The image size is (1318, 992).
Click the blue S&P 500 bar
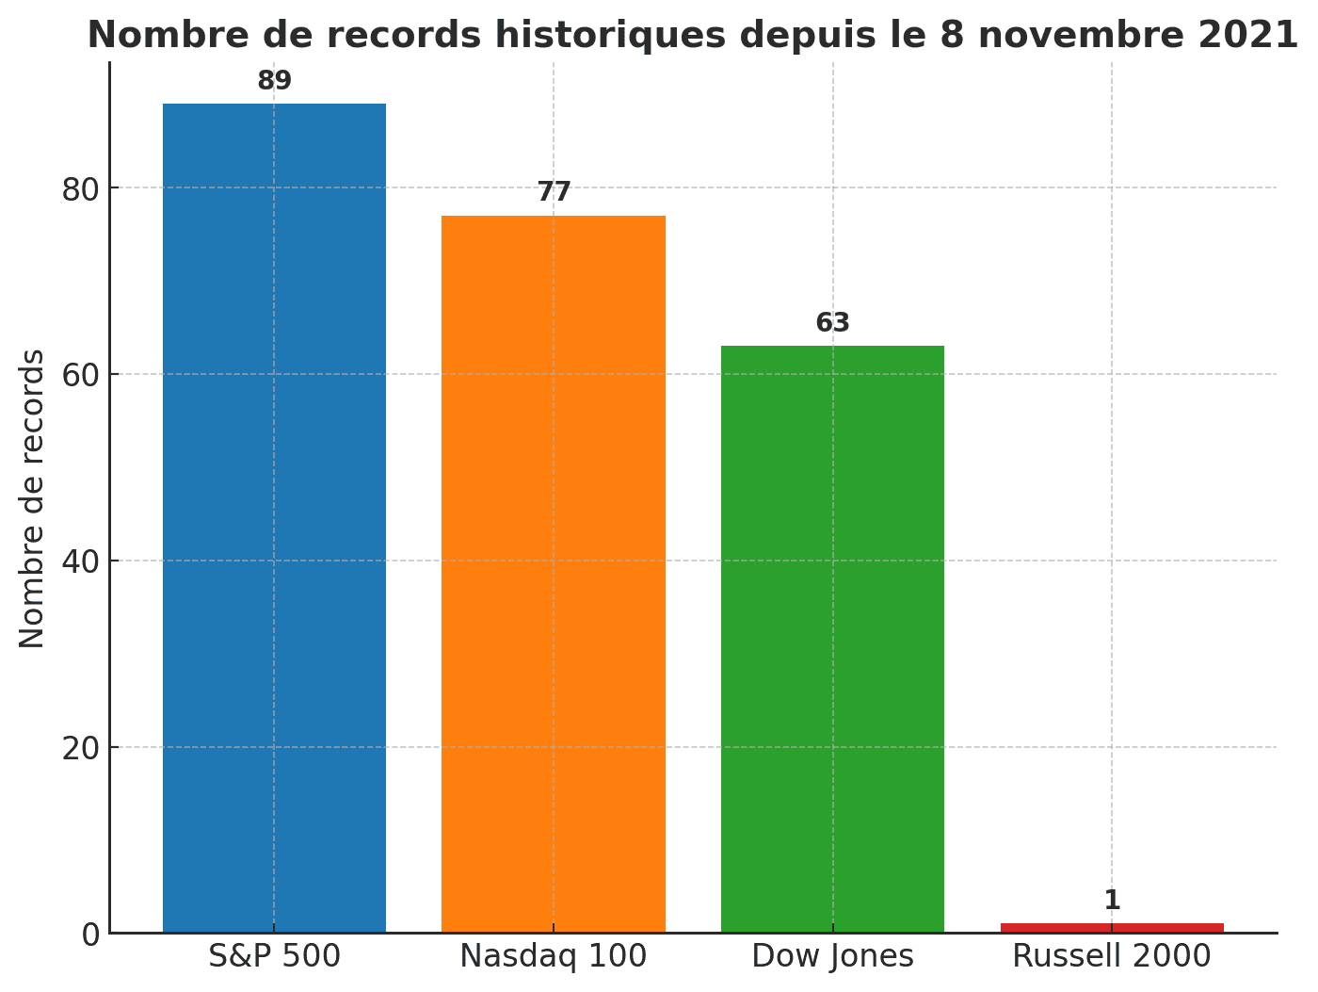(274, 518)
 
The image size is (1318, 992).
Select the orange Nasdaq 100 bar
(554, 575)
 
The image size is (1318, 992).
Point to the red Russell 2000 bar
(1112, 928)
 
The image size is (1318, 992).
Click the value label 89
(274, 81)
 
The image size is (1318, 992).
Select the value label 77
(554, 192)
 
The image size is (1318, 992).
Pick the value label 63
(832, 323)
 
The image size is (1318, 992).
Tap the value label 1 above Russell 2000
(1112, 901)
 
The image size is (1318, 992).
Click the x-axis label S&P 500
(274, 956)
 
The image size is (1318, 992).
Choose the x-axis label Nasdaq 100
(554, 956)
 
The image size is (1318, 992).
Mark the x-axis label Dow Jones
(832, 956)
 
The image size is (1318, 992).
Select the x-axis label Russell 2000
(1112, 956)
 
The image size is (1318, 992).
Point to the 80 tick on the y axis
(81, 188)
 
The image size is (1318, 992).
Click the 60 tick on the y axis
(81, 375)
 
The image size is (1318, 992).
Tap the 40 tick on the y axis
(81, 561)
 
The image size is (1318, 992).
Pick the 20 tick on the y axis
(81, 748)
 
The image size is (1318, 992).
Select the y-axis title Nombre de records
(32, 498)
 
